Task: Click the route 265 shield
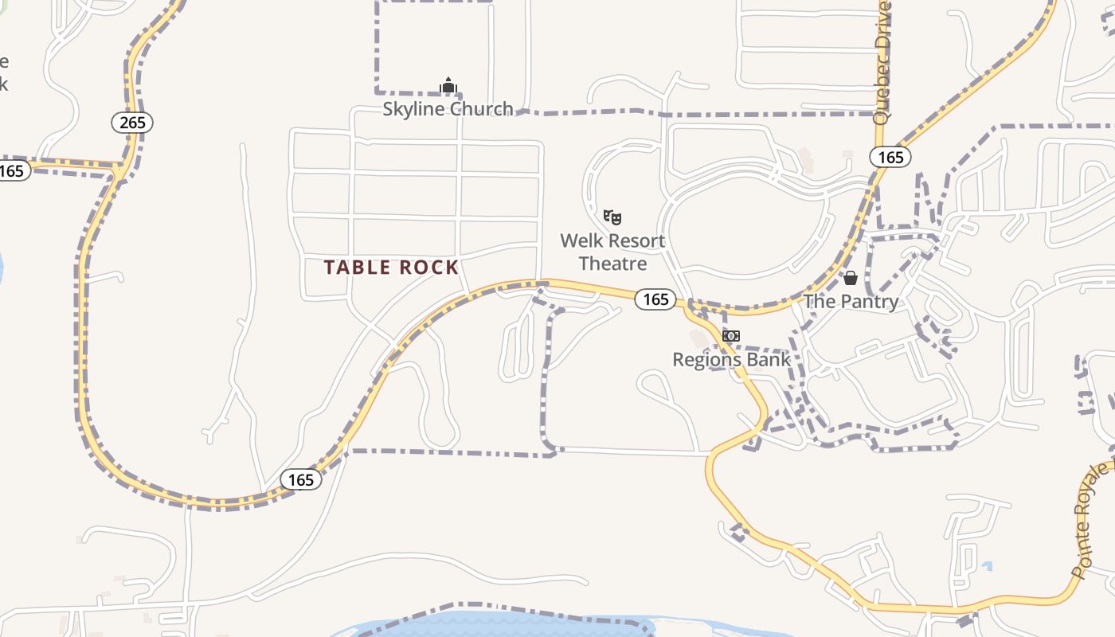132,123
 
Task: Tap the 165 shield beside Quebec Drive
890,158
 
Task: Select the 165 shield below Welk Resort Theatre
655,299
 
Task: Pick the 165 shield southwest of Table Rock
301,479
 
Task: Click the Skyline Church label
448,109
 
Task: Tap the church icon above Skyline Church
448,86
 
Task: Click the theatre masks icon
612,217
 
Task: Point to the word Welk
581,240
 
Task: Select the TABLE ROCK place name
391,268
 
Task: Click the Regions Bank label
731,360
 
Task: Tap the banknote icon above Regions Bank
730,336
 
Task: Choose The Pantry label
851,302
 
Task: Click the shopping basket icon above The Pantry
851,278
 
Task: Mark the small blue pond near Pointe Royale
988,567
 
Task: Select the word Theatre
612,264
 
